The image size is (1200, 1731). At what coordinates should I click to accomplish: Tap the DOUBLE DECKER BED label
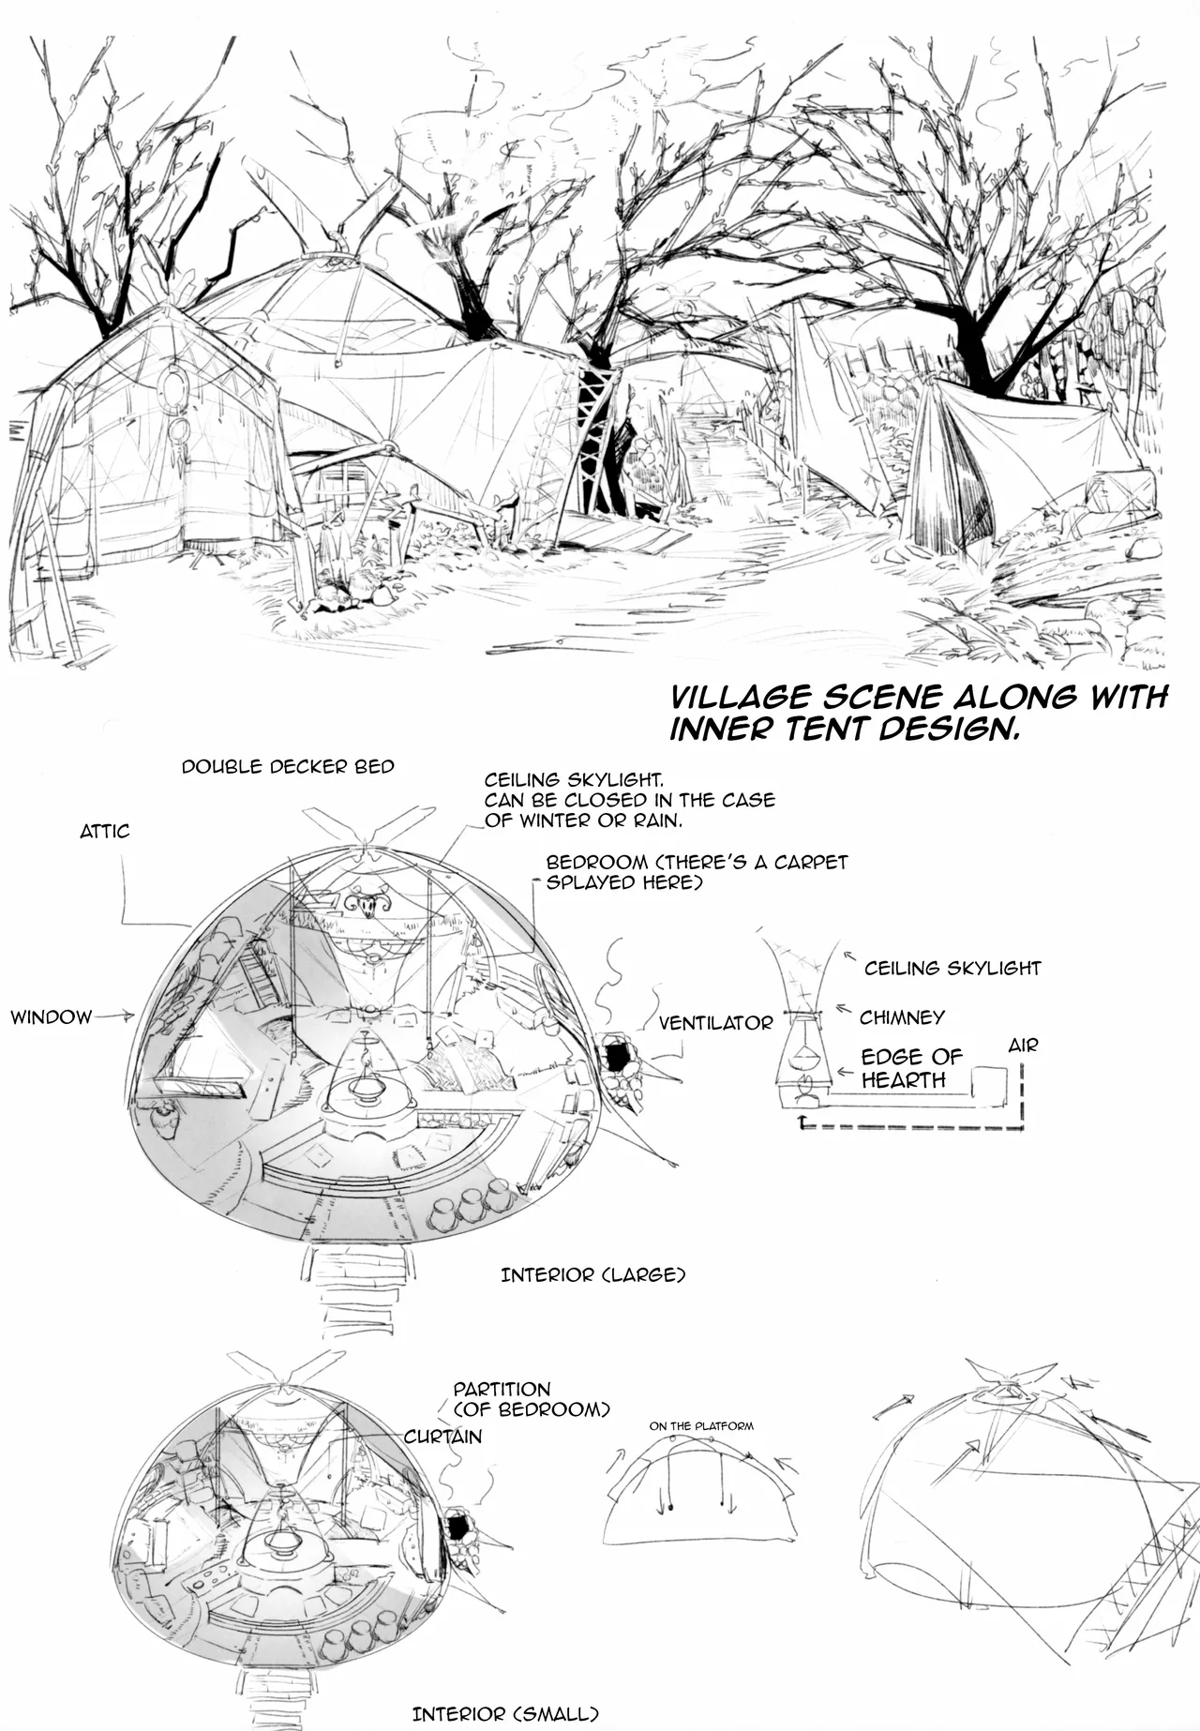[x=288, y=767]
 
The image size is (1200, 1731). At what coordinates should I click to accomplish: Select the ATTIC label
[x=105, y=832]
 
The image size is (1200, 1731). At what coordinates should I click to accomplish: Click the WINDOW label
[x=52, y=1016]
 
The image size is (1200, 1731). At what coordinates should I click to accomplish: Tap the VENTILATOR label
[x=715, y=1023]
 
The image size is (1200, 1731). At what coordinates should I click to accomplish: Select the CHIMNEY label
[x=902, y=1017]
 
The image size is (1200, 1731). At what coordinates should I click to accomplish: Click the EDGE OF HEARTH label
[x=910, y=1068]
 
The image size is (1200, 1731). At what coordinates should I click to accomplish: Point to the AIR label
[x=1023, y=1046]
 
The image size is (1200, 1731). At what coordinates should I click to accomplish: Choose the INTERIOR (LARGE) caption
[x=593, y=1275]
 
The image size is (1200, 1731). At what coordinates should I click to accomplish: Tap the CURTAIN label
[x=442, y=1437]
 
